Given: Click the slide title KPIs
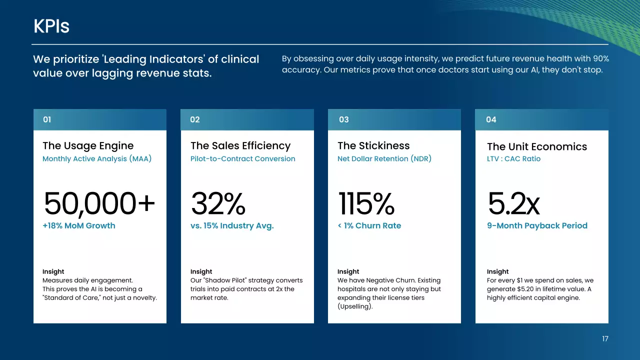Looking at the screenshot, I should click(51, 26).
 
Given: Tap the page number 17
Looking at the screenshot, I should click(605, 339).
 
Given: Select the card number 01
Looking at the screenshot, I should click(47, 119).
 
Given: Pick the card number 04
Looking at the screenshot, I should click(491, 119).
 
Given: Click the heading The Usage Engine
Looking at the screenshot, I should click(88, 145).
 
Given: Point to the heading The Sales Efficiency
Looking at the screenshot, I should click(240, 145).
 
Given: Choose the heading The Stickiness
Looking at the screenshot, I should click(373, 145).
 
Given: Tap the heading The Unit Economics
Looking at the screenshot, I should click(536, 146).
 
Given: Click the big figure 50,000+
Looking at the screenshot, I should click(99, 204).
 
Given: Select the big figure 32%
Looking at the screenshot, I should click(218, 204).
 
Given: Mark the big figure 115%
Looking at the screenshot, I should click(366, 204).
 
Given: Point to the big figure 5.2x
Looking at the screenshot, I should click(513, 204).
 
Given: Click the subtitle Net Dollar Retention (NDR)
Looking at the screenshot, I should click(384, 158).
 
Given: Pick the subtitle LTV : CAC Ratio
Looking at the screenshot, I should click(513, 158).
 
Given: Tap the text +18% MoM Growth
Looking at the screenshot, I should click(79, 225).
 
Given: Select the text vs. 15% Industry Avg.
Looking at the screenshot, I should click(232, 225).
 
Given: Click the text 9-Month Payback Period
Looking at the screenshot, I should click(537, 225).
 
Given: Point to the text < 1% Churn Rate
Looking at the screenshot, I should click(369, 225).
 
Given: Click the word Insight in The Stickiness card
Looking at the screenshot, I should click(348, 271).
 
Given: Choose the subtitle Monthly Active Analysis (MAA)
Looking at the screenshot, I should click(97, 158).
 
